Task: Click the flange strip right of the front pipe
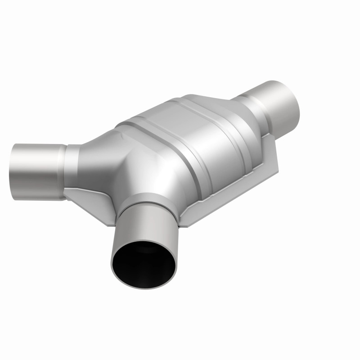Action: coord(193,211)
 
